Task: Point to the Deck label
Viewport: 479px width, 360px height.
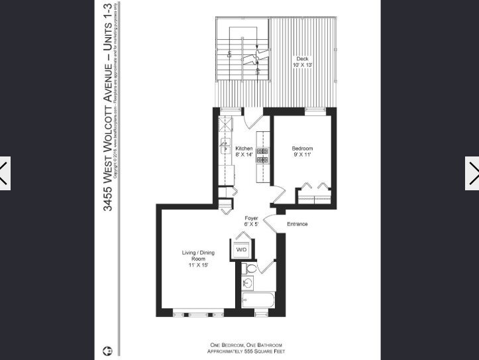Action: (302, 58)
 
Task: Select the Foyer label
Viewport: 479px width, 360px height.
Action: (251, 218)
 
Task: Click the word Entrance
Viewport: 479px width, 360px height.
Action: (297, 224)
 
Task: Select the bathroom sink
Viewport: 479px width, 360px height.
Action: (248, 284)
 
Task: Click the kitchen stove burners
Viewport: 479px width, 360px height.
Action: (262, 155)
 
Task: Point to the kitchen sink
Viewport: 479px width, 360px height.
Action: (225, 150)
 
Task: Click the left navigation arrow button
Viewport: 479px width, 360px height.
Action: (5, 174)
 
